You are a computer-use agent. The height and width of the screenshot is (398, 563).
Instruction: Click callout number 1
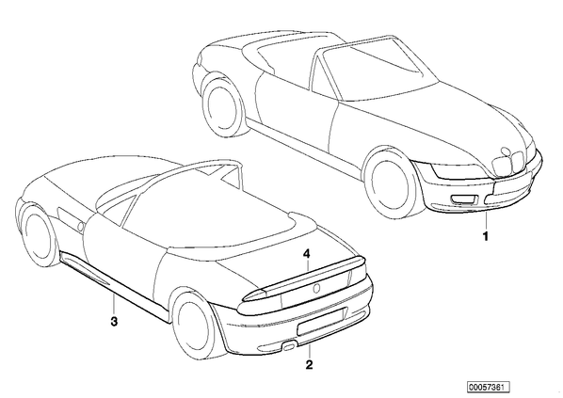coord(486,236)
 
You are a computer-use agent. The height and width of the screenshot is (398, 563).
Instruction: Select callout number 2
coord(309,365)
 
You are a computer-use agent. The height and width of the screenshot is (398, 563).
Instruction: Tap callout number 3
coord(114,321)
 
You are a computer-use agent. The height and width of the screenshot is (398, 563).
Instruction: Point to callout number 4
coord(306,254)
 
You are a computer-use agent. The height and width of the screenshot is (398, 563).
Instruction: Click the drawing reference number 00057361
coord(489,387)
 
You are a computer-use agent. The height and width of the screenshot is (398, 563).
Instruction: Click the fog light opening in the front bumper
coord(464,199)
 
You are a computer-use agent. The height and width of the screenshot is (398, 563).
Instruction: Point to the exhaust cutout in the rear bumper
coord(289,345)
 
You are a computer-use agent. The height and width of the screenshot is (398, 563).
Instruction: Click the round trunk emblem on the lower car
coord(317,288)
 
